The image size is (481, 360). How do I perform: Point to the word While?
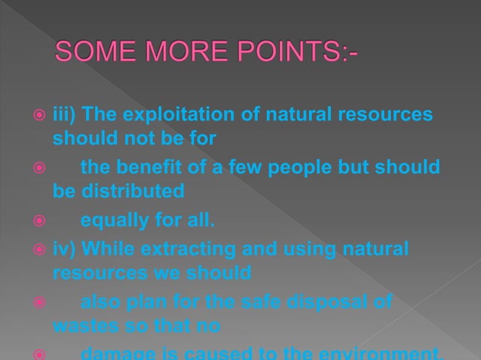(106, 248)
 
